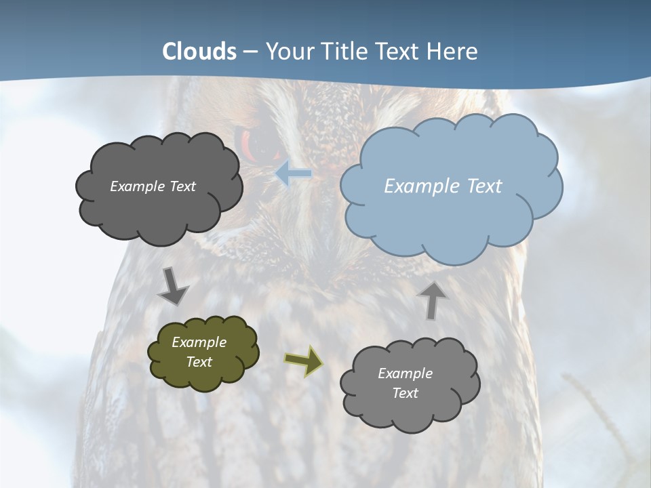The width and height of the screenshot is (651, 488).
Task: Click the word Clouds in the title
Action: pyautogui.click(x=199, y=52)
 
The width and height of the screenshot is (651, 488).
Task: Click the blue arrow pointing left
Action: pyautogui.click(x=293, y=174)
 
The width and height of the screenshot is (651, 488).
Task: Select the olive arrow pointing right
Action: pyautogui.click(x=303, y=361)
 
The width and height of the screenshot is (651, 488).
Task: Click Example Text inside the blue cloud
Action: pyautogui.click(x=443, y=186)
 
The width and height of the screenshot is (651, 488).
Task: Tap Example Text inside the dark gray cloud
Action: pyautogui.click(x=153, y=186)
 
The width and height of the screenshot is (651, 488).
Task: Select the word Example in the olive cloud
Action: pyautogui.click(x=199, y=342)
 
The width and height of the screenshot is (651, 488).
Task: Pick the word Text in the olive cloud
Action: pyautogui.click(x=199, y=362)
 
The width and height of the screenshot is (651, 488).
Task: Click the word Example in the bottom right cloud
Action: pyautogui.click(x=405, y=373)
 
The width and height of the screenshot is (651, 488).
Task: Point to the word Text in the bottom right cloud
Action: pyautogui.click(x=405, y=393)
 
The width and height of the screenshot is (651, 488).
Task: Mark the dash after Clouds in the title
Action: pyautogui.click(x=250, y=52)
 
